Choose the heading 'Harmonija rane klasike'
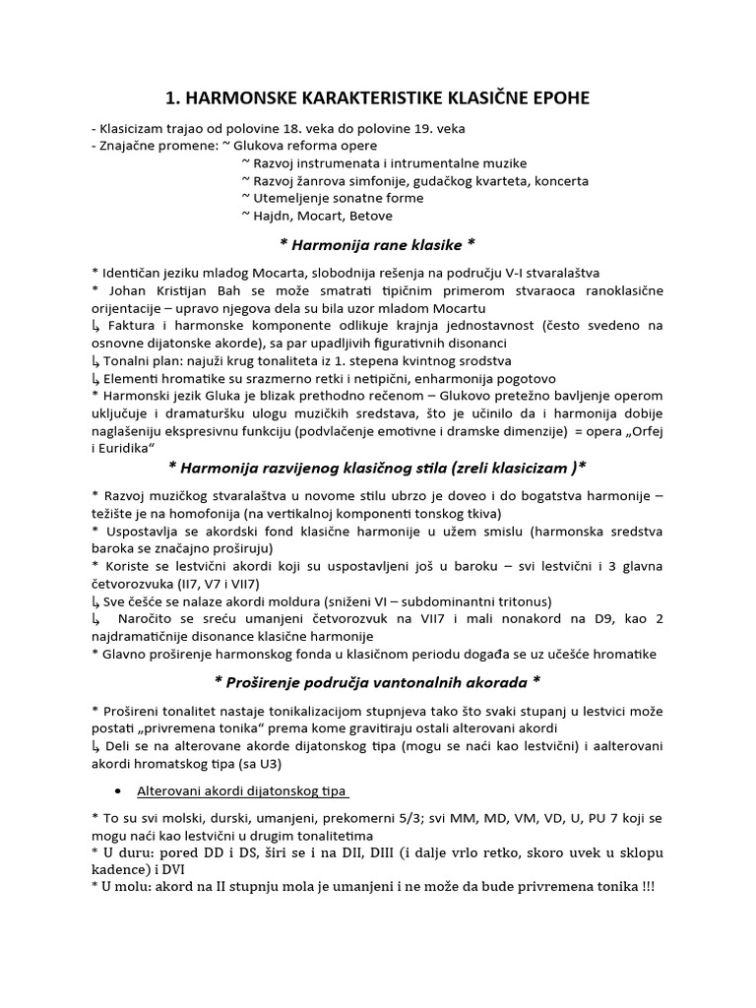[x=378, y=243]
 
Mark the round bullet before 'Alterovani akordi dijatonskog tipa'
[x=119, y=791]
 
